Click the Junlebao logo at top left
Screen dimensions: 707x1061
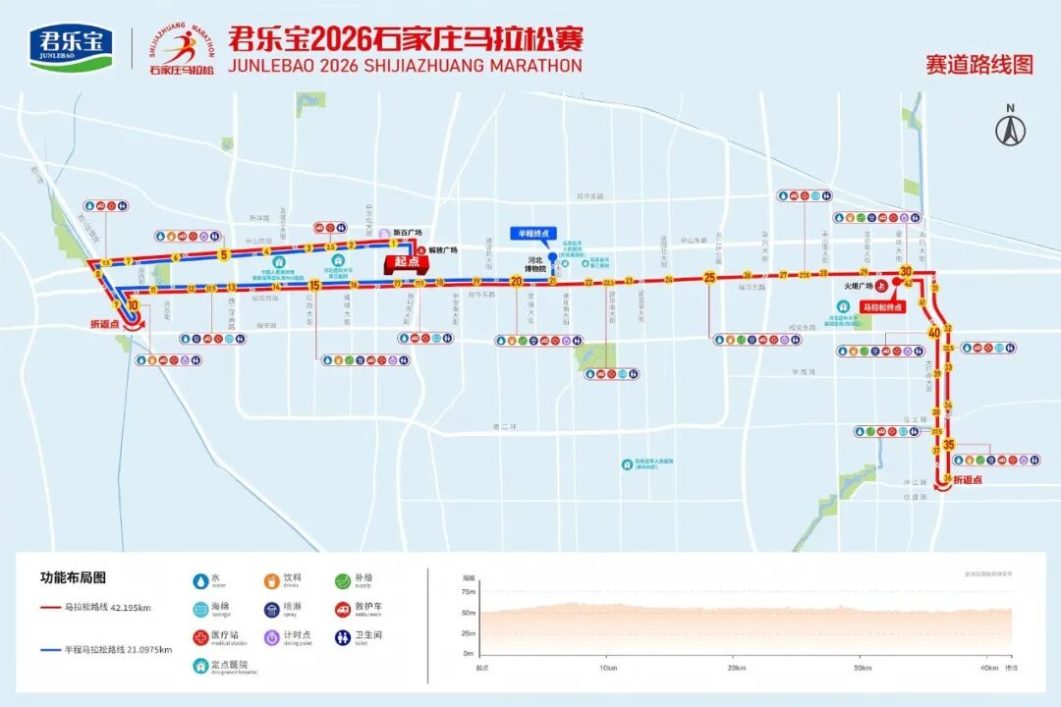pyautogui.click(x=72, y=46)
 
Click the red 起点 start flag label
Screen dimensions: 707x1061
pyautogui.click(x=402, y=262)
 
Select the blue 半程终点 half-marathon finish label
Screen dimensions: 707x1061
pyautogui.click(x=533, y=233)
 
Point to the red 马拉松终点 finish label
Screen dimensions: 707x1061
pyautogui.click(x=882, y=307)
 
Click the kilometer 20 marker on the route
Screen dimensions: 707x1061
pyautogui.click(x=515, y=281)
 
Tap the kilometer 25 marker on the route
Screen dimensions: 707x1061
pyautogui.click(x=709, y=278)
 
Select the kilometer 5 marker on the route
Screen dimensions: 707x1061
pyautogui.click(x=224, y=254)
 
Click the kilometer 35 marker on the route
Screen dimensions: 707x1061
pyautogui.click(x=948, y=445)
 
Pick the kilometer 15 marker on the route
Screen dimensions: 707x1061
pyautogui.click(x=314, y=286)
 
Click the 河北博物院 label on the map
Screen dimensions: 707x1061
pyautogui.click(x=535, y=264)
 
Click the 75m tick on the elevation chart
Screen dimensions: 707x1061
pyautogui.click(x=469, y=592)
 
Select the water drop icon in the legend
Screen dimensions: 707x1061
pyautogui.click(x=201, y=580)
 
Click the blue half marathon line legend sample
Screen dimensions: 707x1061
pyautogui.click(x=51, y=649)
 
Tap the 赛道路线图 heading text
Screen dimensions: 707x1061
pyautogui.click(x=978, y=65)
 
